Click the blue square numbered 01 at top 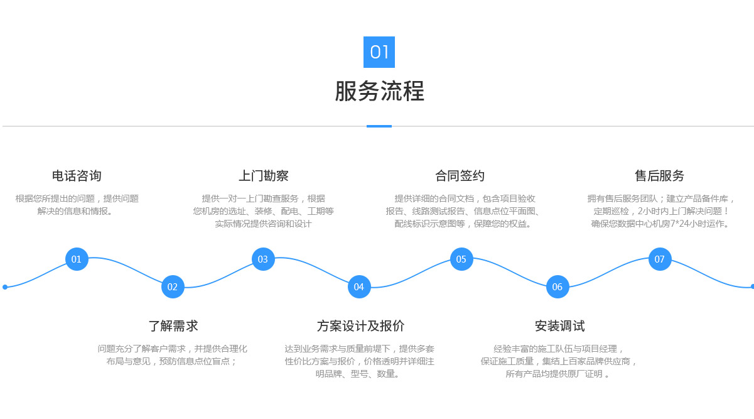pyautogui.click(x=379, y=52)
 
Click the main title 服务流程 pyautogui.click(x=379, y=91)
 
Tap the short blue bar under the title pyautogui.click(x=379, y=126)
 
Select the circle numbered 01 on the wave pyautogui.click(x=77, y=259)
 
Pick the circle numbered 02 pyautogui.click(x=173, y=286)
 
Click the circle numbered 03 pyautogui.click(x=263, y=259)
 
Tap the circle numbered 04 pyautogui.click(x=359, y=286)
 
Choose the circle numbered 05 pyautogui.click(x=461, y=259)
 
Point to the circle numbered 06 pyautogui.click(x=557, y=286)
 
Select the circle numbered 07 pyautogui.click(x=660, y=259)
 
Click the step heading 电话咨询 pyautogui.click(x=77, y=176)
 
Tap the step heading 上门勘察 pyautogui.click(x=264, y=176)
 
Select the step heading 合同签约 pyautogui.click(x=460, y=176)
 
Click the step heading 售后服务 pyautogui.click(x=659, y=176)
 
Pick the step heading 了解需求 pyautogui.click(x=173, y=326)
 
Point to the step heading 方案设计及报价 pyautogui.click(x=360, y=326)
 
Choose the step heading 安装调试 pyautogui.click(x=560, y=326)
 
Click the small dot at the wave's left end pyautogui.click(x=5, y=287)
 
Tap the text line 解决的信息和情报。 pyautogui.click(x=75, y=211)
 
